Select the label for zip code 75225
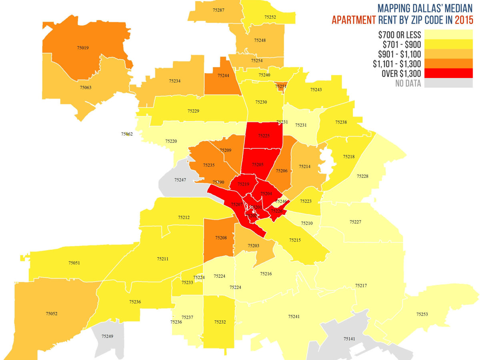click(x=264, y=136)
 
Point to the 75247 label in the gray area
click(x=180, y=180)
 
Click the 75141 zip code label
click(x=349, y=339)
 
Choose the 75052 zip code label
click(x=52, y=314)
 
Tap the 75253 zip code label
click(x=422, y=314)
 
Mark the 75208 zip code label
click(x=221, y=238)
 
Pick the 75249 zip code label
click(x=107, y=336)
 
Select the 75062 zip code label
click(x=127, y=134)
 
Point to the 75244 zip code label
click(x=223, y=75)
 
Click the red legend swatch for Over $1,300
click(x=448, y=73)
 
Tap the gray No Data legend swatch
click(x=448, y=83)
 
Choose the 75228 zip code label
click(x=362, y=176)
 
